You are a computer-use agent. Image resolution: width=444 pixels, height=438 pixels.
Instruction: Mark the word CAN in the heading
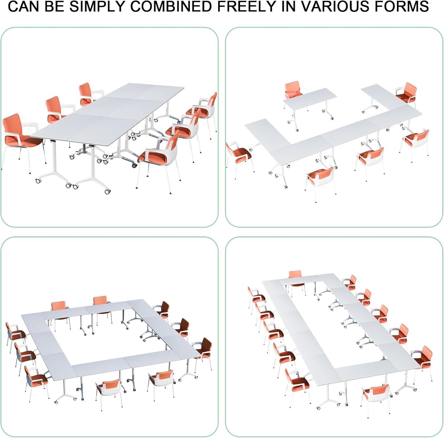click(24, 6)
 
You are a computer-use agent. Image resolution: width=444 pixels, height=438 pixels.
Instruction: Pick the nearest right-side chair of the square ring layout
click(203, 354)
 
